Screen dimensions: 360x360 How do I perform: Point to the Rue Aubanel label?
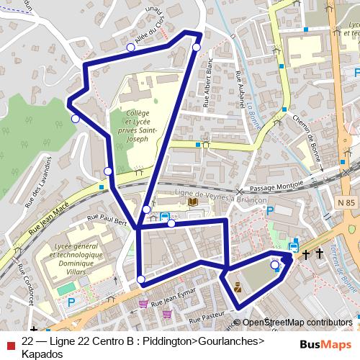tap(238, 88)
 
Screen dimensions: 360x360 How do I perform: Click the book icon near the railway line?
tap(192, 202)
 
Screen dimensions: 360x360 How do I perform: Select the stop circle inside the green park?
tap(274, 265)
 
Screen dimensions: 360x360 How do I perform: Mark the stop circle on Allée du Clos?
tap(130, 48)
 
